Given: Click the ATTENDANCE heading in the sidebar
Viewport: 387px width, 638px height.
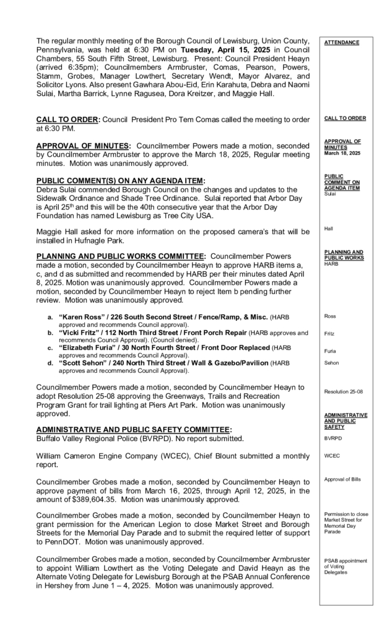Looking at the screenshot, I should tap(341, 42).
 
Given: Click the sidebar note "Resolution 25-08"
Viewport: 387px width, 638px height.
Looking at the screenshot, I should tap(344, 391).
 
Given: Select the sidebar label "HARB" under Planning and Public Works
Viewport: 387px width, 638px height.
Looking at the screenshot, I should tap(331, 263).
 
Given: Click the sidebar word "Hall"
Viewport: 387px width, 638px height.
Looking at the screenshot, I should tap(329, 229).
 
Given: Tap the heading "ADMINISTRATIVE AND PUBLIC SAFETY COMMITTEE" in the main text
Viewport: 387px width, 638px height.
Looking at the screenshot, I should tap(134, 429).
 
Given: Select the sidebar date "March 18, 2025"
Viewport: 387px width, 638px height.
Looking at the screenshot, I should tap(342, 152).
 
